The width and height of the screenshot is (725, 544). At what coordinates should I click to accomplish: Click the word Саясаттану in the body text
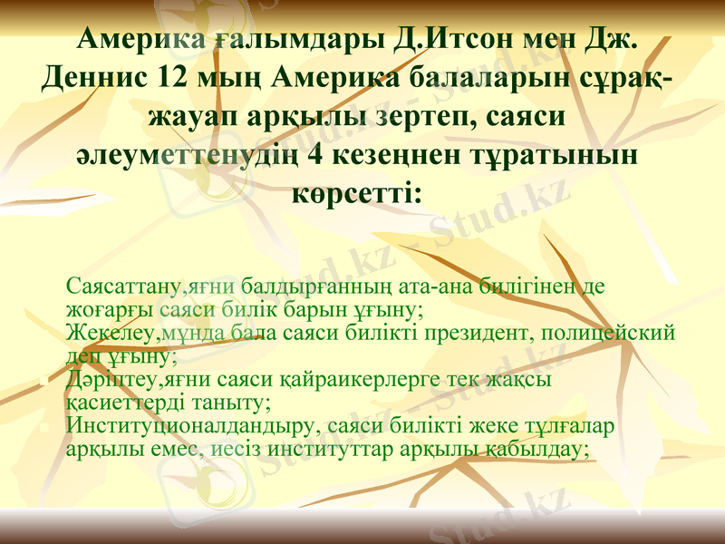pos(125,287)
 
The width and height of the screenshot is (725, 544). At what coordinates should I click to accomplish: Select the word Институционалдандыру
pos(189,425)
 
